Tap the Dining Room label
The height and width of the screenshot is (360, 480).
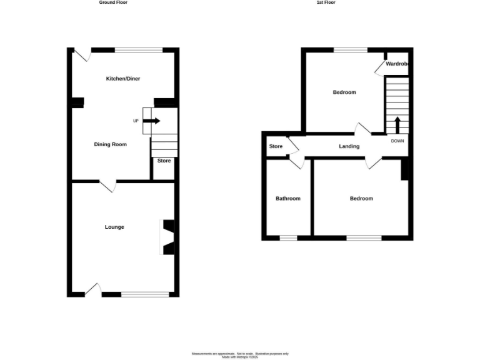tap(111, 144)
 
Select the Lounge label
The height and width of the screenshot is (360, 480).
tap(114, 227)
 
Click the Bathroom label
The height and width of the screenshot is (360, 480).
tap(288, 199)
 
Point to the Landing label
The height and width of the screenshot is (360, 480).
tap(349, 147)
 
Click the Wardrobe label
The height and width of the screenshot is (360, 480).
tap(397, 64)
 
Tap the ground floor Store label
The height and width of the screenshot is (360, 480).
tap(164, 161)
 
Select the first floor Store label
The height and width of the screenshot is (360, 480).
tap(276, 147)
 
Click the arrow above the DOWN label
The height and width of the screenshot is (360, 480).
tap(397, 124)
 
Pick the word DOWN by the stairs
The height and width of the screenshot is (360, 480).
tap(397, 141)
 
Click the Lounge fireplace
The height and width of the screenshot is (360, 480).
tap(167, 237)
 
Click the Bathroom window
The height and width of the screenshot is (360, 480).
tap(288, 237)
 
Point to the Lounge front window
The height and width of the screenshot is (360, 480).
tap(145, 294)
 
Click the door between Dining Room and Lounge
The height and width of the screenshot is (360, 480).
tap(107, 186)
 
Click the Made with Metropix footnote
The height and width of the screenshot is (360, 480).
tap(240, 357)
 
